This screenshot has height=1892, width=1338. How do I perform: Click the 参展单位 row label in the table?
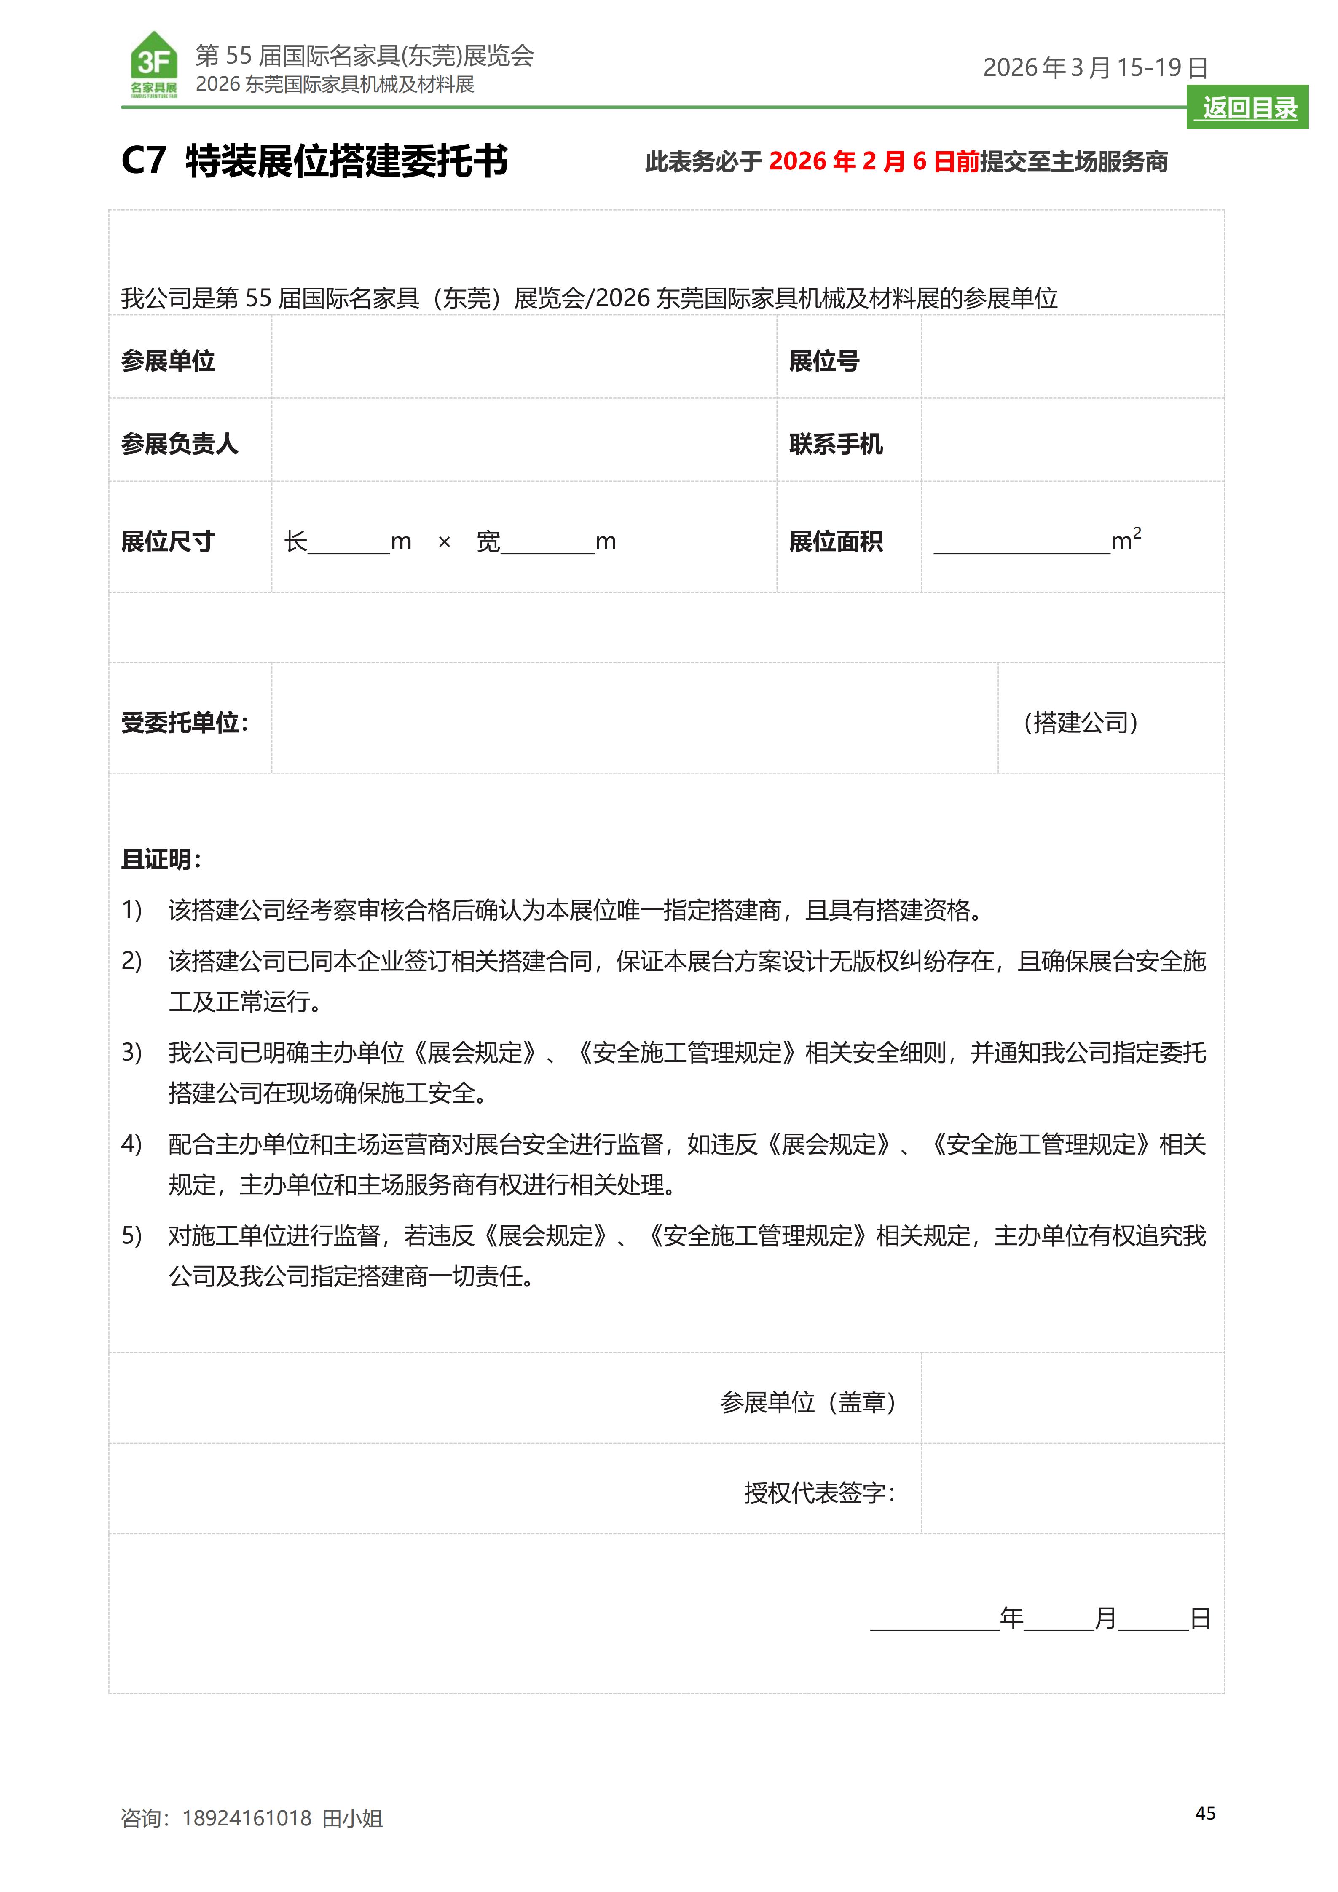pyautogui.click(x=168, y=361)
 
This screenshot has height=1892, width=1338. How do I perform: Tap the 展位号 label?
pyautogui.click(x=824, y=361)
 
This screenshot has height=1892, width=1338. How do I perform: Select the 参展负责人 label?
pyautogui.click(x=180, y=444)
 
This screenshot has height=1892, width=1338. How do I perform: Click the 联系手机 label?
pyautogui.click(x=835, y=444)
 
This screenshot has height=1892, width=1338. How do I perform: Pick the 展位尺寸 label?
pyautogui.click(x=168, y=541)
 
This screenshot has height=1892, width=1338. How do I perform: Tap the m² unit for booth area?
pyautogui.click(x=1126, y=540)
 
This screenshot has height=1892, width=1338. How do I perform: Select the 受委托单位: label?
pyautogui.click(x=185, y=723)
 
